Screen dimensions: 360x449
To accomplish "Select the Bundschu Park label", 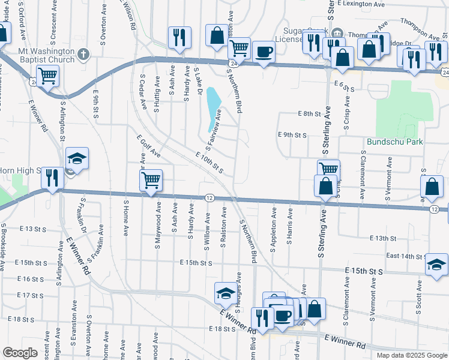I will click(x=395, y=142).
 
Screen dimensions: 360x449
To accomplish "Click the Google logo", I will click(x=20, y=353).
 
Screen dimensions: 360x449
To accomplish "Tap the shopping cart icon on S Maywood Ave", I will click(x=151, y=179).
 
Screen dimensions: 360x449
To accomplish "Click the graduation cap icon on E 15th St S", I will click(x=436, y=264).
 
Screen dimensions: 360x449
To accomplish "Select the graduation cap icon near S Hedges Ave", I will click(x=226, y=292).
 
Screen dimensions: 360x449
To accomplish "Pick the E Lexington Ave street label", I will click(x=360, y=4).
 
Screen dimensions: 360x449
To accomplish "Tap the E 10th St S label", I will click(x=210, y=162).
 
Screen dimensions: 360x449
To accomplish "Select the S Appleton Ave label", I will click(x=273, y=230).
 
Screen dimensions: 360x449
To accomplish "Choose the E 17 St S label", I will click(x=32, y=295).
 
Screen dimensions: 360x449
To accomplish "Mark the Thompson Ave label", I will click(x=420, y=28).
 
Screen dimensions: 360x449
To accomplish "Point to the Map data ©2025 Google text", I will click(x=411, y=355).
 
